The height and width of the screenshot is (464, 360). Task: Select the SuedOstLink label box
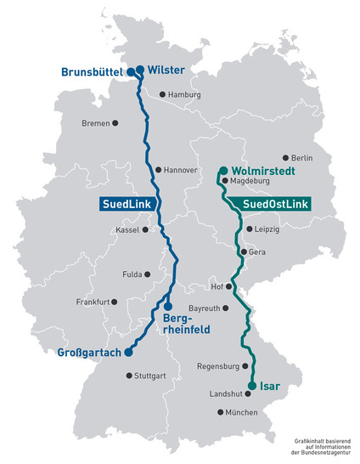click(276, 205)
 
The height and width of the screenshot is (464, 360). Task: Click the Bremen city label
click(96, 124)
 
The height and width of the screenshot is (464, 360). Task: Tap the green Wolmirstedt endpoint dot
click(222, 170)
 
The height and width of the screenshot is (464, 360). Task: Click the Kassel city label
click(127, 229)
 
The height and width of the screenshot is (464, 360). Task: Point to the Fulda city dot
click(149, 274)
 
